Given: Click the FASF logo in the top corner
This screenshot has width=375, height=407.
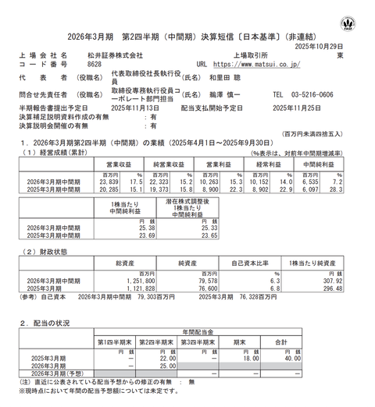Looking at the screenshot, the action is [x=358, y=15].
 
